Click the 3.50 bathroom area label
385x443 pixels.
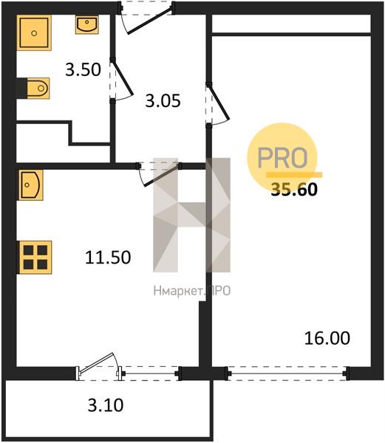(x=83, y=70)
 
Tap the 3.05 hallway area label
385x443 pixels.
(x=163, y=101)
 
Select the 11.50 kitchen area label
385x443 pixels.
(x=108, y=258)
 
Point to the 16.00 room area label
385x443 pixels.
(x=327, y=338)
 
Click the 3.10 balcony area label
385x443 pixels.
(x=106, y=405)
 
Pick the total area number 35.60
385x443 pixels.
(x=294, y=189)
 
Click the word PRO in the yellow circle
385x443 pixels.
(x=282, y=158)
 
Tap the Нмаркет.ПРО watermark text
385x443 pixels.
(x=192, y=291)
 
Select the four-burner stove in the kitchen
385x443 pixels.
(x=35, y=258)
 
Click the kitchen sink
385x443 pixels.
(x=30, y=185)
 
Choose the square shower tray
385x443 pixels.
(x=34, y=33)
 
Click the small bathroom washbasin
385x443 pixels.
(x=86, y=24)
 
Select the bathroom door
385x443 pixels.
(x=121, y=80)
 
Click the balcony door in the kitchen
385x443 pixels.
(x=100, y=366)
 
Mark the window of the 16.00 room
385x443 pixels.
(x=287, y=374)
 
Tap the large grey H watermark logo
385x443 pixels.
(x=191, y=216)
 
